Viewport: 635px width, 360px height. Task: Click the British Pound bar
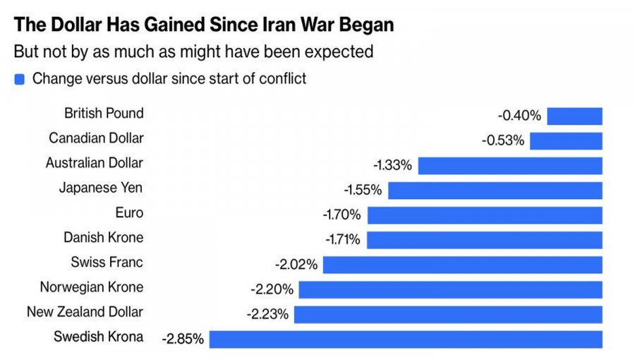click(x=574, y=116)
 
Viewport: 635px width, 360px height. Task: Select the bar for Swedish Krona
click(x=406, y=339)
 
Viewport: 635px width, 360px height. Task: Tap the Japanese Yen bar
click(x=495, y=191)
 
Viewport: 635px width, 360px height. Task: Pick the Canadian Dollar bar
click(x=566, y=141)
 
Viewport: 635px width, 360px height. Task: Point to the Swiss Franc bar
click(x=462, y=265)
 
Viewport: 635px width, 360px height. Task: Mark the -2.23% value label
click(x=267, y=314)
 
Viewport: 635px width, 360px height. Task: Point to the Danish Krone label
click(x=103, y=237)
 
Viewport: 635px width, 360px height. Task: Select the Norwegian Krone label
click(x=92, y=287)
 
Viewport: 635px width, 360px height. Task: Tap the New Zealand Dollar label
click(x=85, y=312)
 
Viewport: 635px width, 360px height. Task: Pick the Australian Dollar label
click(x=94, y=163)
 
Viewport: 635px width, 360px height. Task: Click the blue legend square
click(x=20, y=80)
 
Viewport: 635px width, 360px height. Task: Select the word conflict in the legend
click(x=283, y=78)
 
